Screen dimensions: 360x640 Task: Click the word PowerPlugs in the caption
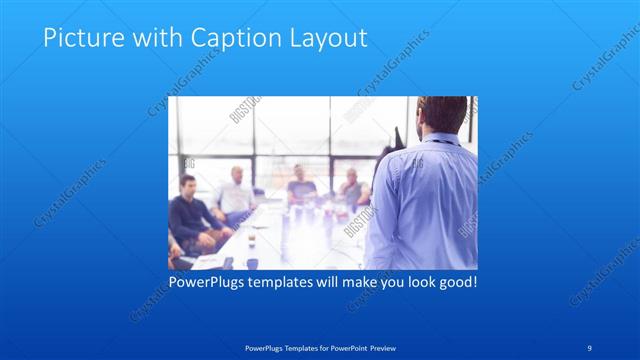coord(207,282)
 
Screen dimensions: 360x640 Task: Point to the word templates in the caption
coord(293,282)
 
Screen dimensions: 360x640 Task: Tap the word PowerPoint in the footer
coord(340,347)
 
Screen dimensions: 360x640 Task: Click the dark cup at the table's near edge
coord(251,263)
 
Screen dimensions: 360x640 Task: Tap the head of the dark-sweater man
coord(187,185)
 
